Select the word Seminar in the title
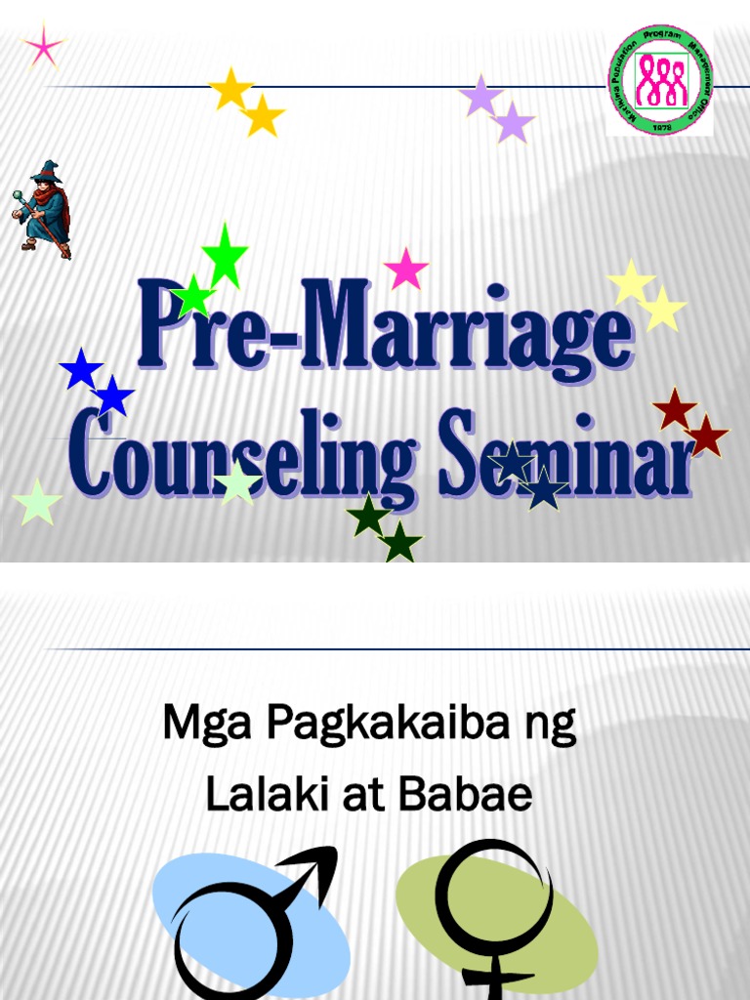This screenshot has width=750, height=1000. (x=566, y=457)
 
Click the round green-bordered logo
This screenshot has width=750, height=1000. (x=660, y=79)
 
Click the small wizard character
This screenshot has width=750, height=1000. (x=43, y=209)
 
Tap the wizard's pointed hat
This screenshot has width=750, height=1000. (x=45, y=172)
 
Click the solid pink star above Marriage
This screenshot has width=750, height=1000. (x=406, y=269)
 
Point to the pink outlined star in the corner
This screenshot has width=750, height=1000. (x=42, y=47)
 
